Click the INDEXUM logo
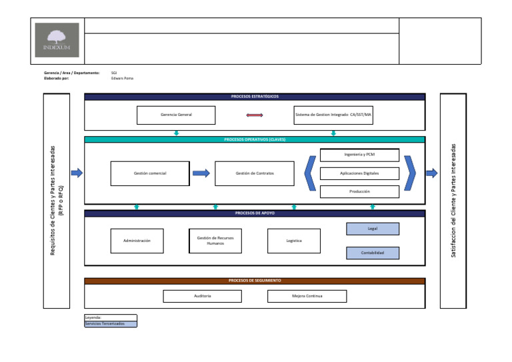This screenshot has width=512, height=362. (x=57, y=40)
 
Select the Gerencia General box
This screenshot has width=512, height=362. (x=176, y=115)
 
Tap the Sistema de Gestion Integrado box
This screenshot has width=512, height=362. (x=333, y=115)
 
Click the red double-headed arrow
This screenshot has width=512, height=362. (x=255, y=115)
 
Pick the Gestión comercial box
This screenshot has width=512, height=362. (x=150, y=173)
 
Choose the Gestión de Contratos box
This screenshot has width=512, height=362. (x=255, y=173)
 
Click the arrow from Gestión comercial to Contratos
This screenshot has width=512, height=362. (x=201, y=173)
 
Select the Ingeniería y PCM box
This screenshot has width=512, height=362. (x=359, y=155)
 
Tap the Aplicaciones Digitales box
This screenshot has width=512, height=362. (x=359, y=173)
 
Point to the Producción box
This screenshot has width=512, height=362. (x=359, y=191)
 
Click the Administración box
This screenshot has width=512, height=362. (x=137, y=241)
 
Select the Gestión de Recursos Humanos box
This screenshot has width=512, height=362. (x=215, y=241)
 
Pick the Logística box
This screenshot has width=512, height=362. (x=294, y=241)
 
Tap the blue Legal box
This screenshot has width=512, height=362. (x=373, y=229)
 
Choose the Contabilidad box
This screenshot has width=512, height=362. (x=373, y=253)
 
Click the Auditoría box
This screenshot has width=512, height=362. (x=203, y=295)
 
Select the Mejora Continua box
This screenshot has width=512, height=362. (x=307, y=295)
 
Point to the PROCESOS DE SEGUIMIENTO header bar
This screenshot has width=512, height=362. (x=255, y=281)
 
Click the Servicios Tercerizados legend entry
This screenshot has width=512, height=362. (x=110, y=324)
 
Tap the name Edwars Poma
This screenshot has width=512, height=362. (x=122, y=78)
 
